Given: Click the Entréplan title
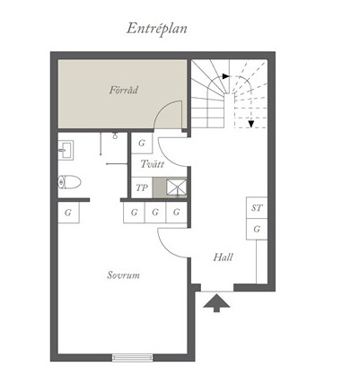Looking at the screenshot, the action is pyautogui.click(x=156, y=30).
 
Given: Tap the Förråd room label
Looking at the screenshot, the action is pyautogui.click(x=124, y=90).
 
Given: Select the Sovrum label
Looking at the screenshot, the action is pyautogui.click(x=123, y=275).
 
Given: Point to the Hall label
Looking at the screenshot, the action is pyautogui.click(x=223, y=257).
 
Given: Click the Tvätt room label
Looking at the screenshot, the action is pyautogui.click(x=152, y=164).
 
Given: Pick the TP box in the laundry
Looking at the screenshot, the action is pyautogui.click(x=142, y=187).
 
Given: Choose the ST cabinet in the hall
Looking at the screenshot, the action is pyautogui.click(x=257, y=208).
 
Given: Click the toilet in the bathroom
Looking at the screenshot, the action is pyautogui.click(x=69, y=182).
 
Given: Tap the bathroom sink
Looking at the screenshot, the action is pyautogui.click(x=65, y=150).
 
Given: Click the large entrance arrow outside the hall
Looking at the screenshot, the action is pyautogui.click(x=216, y=303).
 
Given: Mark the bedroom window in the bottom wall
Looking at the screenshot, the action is pyautogui.click(x=132, y=357).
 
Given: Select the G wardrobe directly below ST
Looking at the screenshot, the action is pyautogui.click(x=257, y=229).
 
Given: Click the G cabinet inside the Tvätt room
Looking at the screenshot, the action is pyautogui.click(x=142, y=143).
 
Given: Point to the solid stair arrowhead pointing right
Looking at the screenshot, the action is pyautogui.click(x=226, y=76).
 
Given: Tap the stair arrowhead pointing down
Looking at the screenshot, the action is pyautogui.click(x=250, y=124).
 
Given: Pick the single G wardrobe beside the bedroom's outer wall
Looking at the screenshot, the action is pyautogui.click(x=68, y=213).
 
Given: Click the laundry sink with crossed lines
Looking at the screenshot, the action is pyautogui.click(x=176, y=187).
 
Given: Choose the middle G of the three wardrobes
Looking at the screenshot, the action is pyautogui.click(x=155, y=213).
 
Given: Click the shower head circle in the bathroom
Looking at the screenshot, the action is pyautogui.click(x=115, y=136).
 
